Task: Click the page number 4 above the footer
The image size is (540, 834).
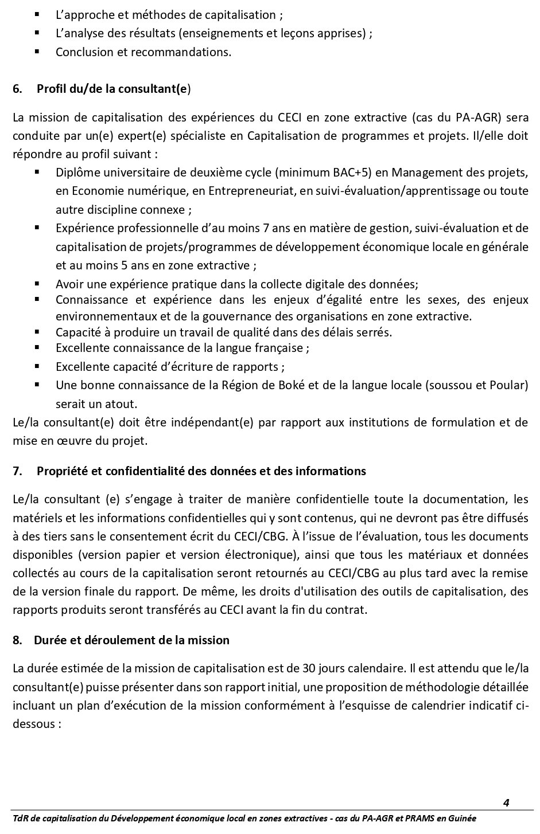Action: (506, 802)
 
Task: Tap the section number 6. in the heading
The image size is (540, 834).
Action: (18, 89)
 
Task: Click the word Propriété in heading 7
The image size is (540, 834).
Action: (61, 471)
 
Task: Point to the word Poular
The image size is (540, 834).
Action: (507, 385)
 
